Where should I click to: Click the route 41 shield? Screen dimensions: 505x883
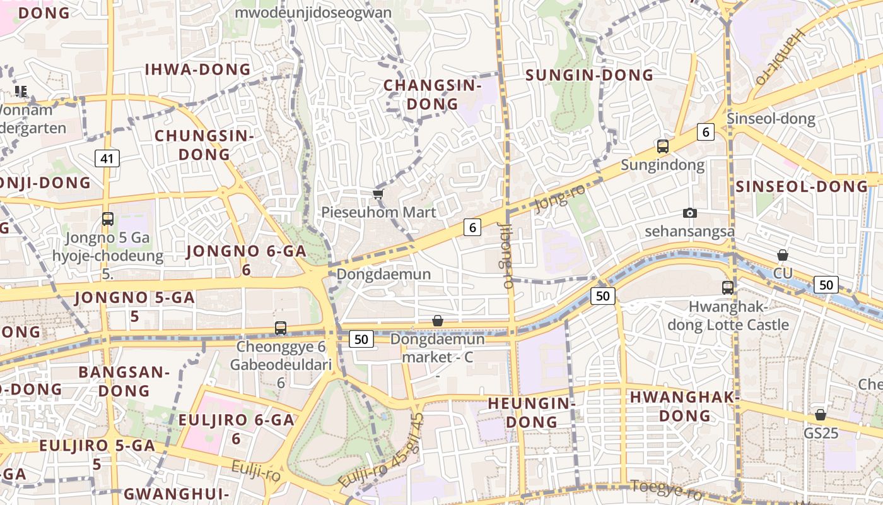pos(107,158)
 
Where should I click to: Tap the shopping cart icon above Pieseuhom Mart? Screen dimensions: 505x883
pos(378,194)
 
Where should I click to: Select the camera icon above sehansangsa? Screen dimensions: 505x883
pos(690,213)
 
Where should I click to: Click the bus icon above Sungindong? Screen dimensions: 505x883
pos(662,146)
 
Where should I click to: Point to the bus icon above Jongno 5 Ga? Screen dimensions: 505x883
pos(108,219)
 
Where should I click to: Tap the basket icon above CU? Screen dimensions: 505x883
pos(782,255)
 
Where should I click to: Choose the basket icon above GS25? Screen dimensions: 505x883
pos(820,415)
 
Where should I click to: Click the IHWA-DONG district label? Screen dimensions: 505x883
pos(198,69)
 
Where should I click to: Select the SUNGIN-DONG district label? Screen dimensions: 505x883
pos(589,75)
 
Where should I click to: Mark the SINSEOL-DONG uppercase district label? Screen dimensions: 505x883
pos(801,186)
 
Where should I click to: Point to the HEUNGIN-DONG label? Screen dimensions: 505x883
pos(532,412)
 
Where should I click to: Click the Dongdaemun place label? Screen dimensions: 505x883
pos(383,274)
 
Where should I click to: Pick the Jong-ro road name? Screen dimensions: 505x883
pos(560,198)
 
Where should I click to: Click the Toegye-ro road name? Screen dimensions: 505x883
pos(666,489)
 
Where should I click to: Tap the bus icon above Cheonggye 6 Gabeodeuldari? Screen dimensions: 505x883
pos(281,328)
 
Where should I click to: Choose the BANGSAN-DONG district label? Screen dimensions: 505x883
pos(124,381)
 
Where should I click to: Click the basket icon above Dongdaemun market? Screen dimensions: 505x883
pos(437,321)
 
